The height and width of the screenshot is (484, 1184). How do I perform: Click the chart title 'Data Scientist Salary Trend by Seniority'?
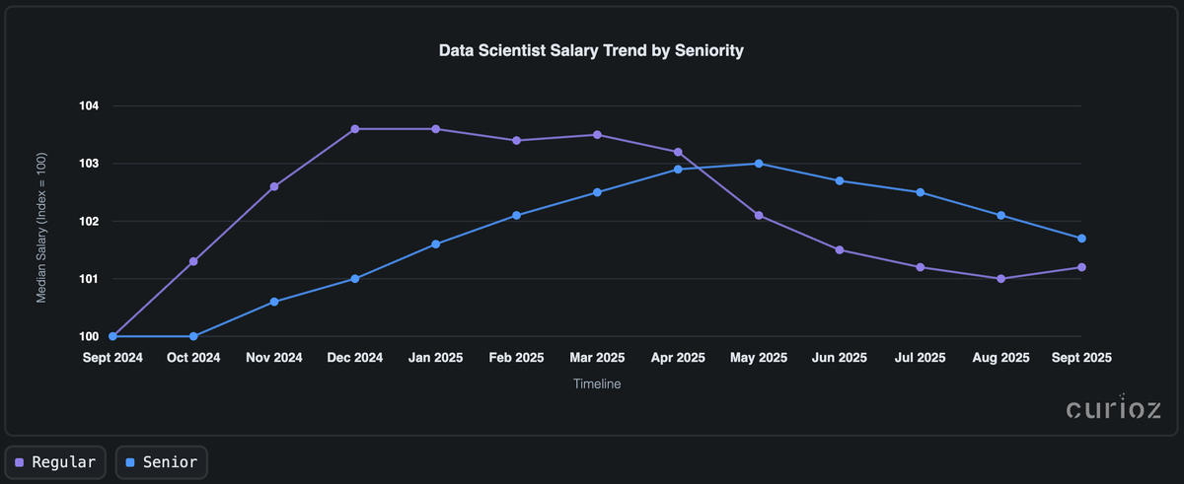pyautogui.click(x=591, y=50)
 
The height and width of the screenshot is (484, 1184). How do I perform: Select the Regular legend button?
pyautogui.click(x=55, y=461)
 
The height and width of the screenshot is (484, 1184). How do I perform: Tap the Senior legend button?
pyautogui.click(x=162, y=461)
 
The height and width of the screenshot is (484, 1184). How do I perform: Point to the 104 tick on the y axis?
pyautogui.click(x=97, y=105)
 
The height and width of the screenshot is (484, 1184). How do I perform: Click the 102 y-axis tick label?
pyautogui.click(x=97, y=221)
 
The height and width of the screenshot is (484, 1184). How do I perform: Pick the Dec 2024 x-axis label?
pyautogui.click(x=355, y=358)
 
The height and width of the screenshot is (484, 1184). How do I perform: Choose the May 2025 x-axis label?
pyautogui.click(x=759, y=358)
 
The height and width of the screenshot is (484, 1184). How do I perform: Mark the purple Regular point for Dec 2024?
pyautogui.click(x=355, y=129)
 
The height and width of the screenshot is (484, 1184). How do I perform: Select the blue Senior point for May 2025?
pyautogui.click(x=759, y=164)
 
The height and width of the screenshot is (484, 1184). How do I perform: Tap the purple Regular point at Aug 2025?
pyautogui.click(x=1001, y=279)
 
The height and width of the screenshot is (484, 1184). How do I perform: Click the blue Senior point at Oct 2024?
pyautogui.click(x=193, y=336)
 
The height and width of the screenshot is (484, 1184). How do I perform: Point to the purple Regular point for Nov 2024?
pyautogui.click(x=274, y=186)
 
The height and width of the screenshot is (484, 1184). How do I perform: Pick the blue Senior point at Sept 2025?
pyautogui.click(x=1082, y=239)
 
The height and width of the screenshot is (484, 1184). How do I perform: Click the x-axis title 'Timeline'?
pyautogui.click(x=597, y=384)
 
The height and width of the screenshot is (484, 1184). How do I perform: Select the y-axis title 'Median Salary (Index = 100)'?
pyautogui.click(x=42, y=221)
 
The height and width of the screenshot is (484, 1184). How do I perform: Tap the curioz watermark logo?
pyautogui.click(x=1113, y=409)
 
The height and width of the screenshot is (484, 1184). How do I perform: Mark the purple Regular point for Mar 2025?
pyautogui.click(x=597, y=135)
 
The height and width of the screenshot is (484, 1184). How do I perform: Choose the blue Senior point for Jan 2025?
pyautogui.click(x=436, y=243)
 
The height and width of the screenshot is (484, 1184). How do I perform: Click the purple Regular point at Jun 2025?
pyautogui.click(x=840, y=249)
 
